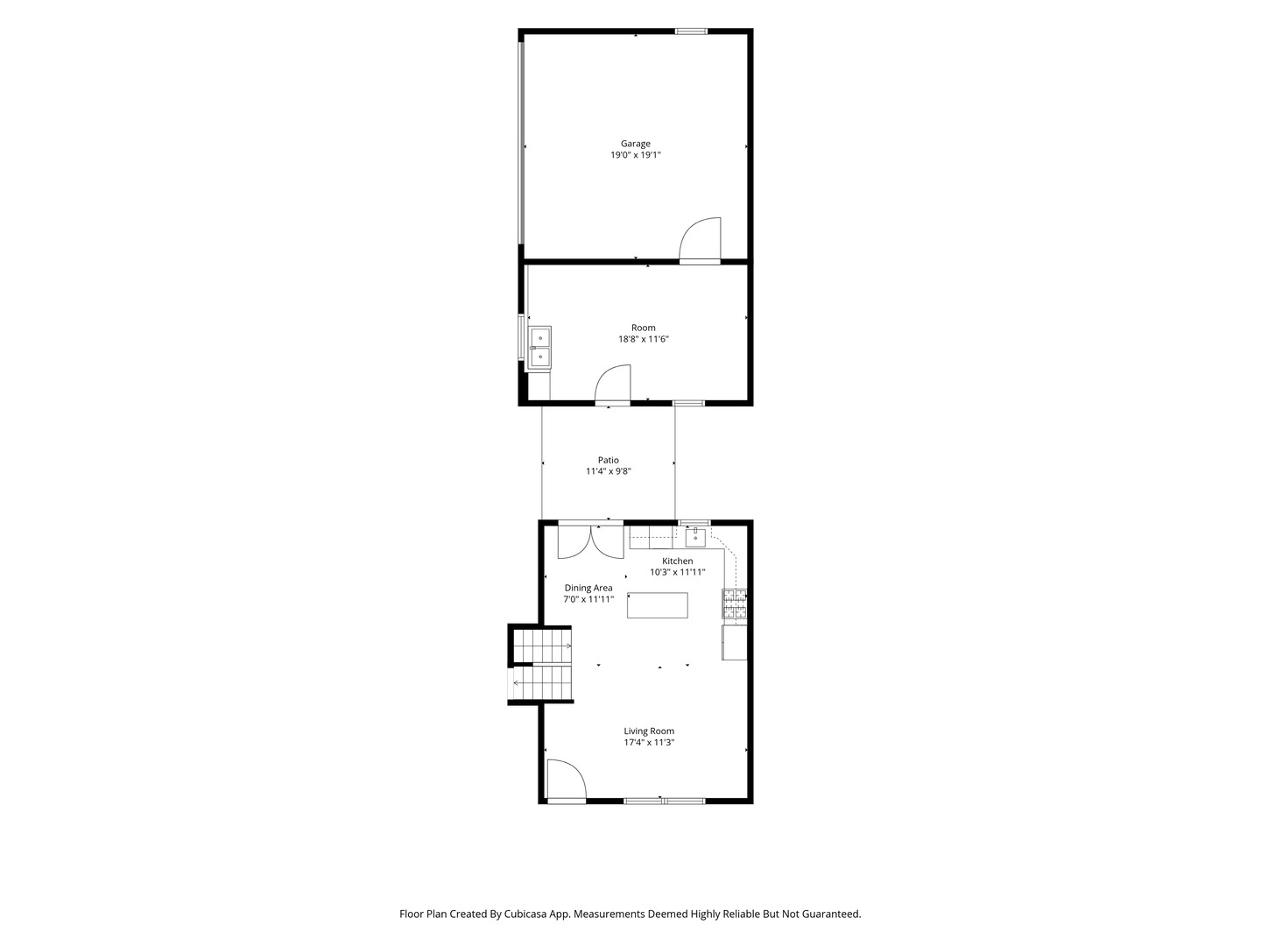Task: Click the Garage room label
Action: [x=635, y=144]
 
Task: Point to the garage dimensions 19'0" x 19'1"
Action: [x=636, y=155]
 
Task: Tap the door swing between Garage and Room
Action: [x=700, y=239]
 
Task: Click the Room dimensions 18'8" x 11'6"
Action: [x=644, y=339]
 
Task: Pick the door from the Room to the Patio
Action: [x=612, y=384]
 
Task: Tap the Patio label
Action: [x=609, y=460]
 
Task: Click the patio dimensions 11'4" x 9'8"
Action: [x=609, y=471]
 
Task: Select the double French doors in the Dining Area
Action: [x=590, y=541]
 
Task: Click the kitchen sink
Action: [x=695, y=538]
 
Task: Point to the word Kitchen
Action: [x=677, y=561]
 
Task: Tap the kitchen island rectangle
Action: [x=658, y=605]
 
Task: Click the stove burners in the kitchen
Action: [x=734, y=604]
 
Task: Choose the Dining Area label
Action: [x=588, y=588]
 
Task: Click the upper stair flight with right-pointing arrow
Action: [x=542, y=646]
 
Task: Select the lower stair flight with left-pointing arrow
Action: [x=541, y=682]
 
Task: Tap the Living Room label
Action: [x=649, y=731]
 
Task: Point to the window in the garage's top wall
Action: [x=691, y=31]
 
